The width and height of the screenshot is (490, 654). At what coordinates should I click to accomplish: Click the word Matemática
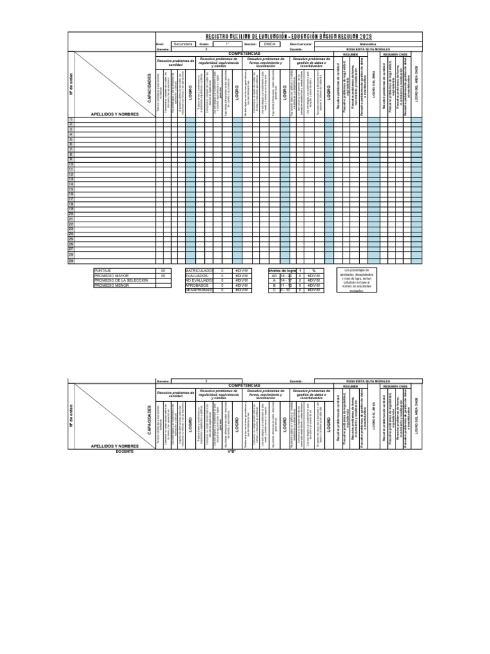pyautogui.click(x=369, y=44)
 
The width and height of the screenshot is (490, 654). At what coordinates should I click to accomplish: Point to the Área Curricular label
pyautogui.click(x=301, y=44)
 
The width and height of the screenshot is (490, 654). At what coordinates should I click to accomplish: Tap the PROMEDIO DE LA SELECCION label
pyautogui.click(x=121, y=280)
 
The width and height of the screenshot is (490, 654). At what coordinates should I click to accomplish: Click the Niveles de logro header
pyautogui.click(x=283, y=271)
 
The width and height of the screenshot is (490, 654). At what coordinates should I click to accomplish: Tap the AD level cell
pyautogui.click(x=274, y=276)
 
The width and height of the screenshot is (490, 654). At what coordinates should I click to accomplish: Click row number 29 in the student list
pyautogui.click(x=71, y=261)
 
